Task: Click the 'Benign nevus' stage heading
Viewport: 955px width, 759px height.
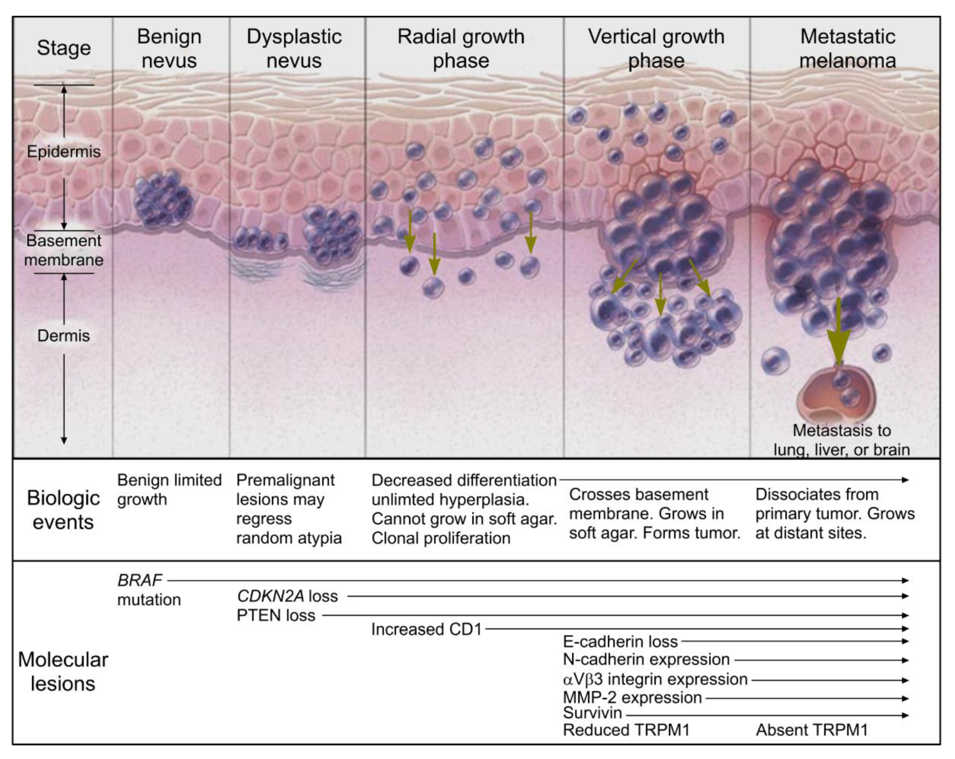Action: [x=169, y=48]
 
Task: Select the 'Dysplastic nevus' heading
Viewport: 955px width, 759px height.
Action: [x=294, y=48]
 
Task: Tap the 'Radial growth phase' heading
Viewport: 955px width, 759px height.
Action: [x=461, y=48]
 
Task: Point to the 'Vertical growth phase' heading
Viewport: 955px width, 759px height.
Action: [x=656, y=48]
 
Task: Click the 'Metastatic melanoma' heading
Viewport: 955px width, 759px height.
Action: [x=847, y=48]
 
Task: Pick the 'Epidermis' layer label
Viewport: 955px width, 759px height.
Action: [x=64, y=152]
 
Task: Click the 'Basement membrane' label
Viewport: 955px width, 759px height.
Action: [x=64, y=250]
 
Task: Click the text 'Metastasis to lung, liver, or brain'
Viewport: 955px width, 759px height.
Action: [x=842, y=440]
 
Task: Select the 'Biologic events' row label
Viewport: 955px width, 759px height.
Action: [x=63, y=510]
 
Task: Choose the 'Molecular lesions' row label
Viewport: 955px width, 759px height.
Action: [x=63, y=671]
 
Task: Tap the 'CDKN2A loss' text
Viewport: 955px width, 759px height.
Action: [x=288, y=596]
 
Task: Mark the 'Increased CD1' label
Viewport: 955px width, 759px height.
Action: [x=426, y=629]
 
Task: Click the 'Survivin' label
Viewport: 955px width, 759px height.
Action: [x=592, y=713]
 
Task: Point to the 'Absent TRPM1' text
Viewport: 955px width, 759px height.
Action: [x=811, y=730]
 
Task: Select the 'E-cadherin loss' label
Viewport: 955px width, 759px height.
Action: [x=620, y=641]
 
